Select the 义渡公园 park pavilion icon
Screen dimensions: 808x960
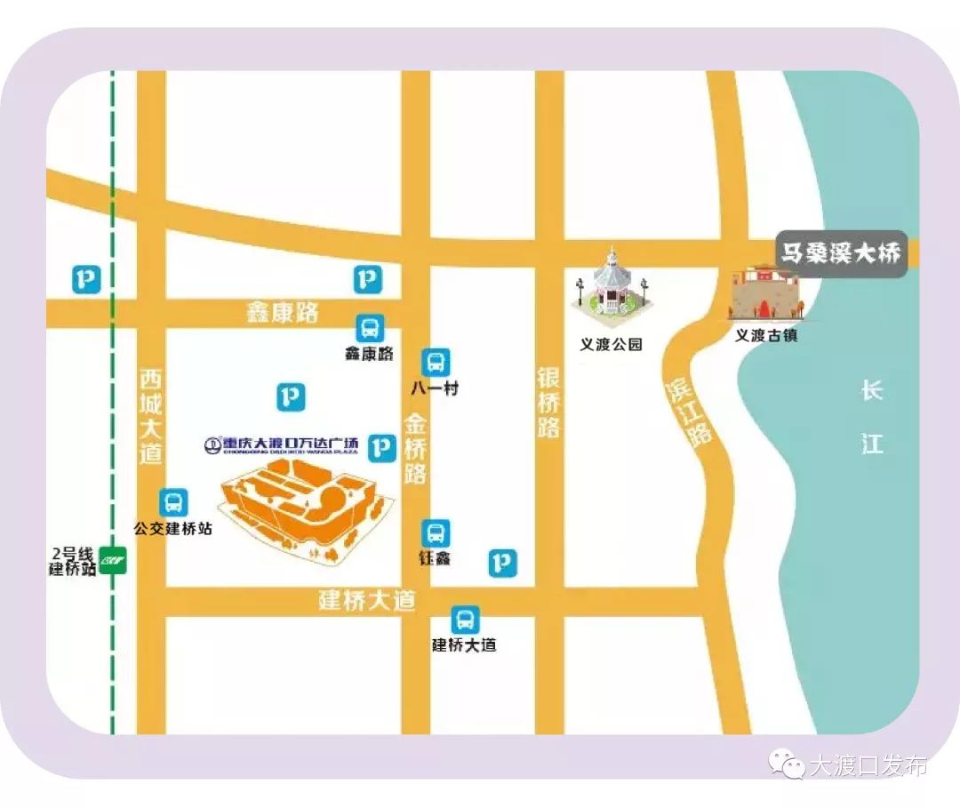pyautogui.click(x=612, y=284)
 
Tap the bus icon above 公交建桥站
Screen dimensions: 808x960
pyautogui.click(x=173, y=502)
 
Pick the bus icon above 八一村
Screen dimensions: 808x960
pyautogui.click(x=435, y=362)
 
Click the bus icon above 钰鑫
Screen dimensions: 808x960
pyautogui.click(x=435, y=533)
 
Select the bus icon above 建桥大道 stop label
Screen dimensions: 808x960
pyautogui.click(x=464, y=620)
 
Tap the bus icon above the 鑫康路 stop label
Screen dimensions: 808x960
pyautogui.click(x=370, y=327)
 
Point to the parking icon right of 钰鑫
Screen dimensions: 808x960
pyautogui.click(x=502, y=562)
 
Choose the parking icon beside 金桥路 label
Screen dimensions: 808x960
pyautogui.click(x=382, y=447)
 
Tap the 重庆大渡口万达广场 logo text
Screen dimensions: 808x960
pyautogui.click(x=281, y=444)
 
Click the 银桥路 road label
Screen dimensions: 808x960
pyautogui.click(x=549, y=402)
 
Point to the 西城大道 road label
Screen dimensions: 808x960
pyautogui.click(x=151, y=415)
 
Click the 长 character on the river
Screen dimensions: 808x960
pyautogui.click(x=871, y=390)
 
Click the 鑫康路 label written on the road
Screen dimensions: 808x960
pyautogui.click(x=282, y=312)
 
